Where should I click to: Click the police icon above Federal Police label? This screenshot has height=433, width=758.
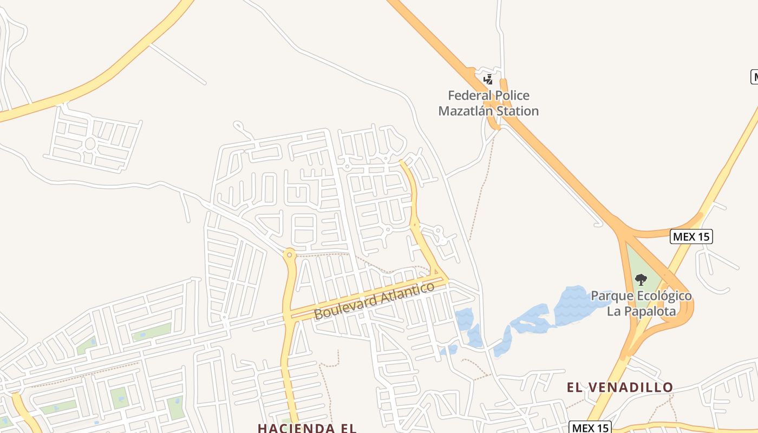pyautogui.click(x=488, y=80)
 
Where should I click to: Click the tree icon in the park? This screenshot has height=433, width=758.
pyautogui.click(x=641, y=279)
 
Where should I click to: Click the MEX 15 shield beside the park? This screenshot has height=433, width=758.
pyautogui.click(x=691, y=237)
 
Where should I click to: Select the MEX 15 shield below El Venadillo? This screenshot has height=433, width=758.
pyautogui.click(x=590, y=428)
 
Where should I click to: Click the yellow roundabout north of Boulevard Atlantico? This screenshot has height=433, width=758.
pyautogui.click(x=290, y=253)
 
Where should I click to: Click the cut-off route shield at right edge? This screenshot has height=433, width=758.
pyautogui.click(x=754, y=77)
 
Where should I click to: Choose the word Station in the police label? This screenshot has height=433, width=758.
pyautogui.click(x=519, y=111)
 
